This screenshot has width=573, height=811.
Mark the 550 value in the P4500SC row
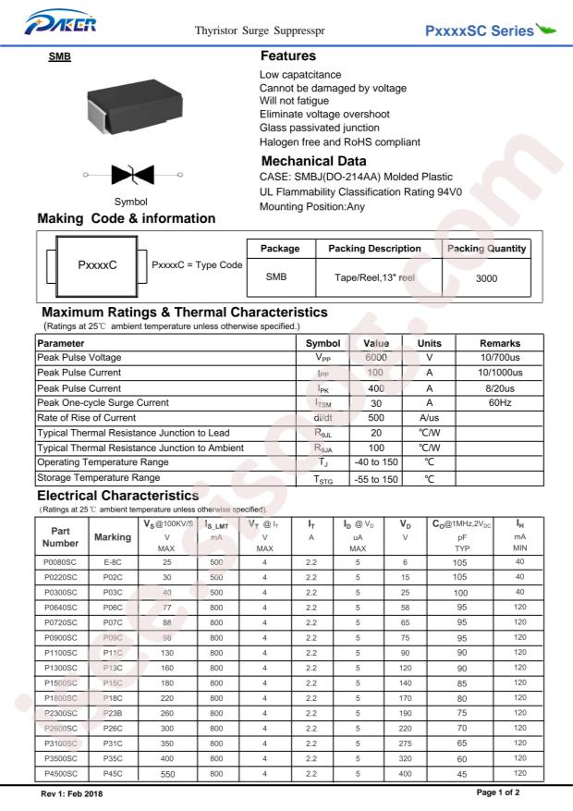pos(167,769)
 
